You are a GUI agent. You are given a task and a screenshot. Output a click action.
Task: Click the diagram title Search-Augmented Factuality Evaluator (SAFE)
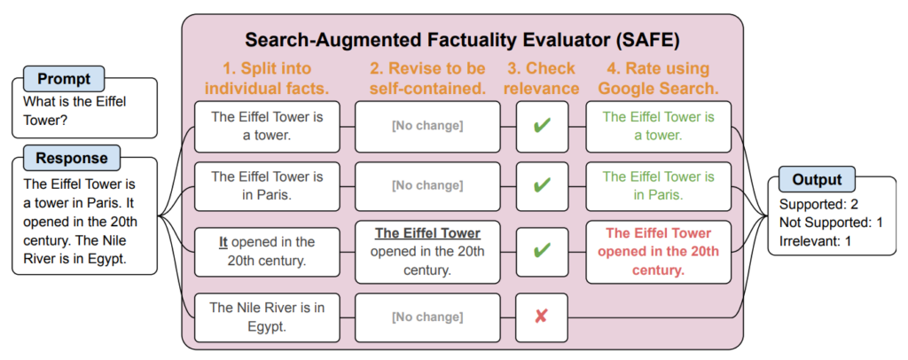coord(463,41)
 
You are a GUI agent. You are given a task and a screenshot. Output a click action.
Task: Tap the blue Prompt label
coord(64,78)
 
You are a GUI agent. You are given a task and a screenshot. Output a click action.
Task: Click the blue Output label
coord(817,179)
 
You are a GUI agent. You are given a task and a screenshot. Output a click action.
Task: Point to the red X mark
coord(542,316)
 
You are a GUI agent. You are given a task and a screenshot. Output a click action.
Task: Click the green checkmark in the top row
coord(542,126)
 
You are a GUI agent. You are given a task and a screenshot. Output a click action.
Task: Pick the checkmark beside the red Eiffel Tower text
coord(542,251)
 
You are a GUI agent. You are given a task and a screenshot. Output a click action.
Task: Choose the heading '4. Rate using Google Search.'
coord(658,78)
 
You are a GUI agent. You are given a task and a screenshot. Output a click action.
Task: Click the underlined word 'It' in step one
coord(224,241)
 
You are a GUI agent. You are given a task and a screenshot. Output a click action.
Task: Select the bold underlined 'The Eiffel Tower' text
coord(427,233)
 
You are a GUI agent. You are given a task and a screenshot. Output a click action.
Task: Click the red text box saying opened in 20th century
coord(658,251)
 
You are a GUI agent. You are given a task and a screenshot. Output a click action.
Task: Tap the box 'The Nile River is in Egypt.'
coord(268,316)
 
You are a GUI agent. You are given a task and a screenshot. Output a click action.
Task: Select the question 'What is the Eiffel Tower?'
coord(74,110)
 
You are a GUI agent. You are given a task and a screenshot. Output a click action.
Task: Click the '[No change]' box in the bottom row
coord(427,316)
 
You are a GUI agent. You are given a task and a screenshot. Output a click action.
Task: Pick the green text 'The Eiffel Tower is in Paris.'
coord(658,185)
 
